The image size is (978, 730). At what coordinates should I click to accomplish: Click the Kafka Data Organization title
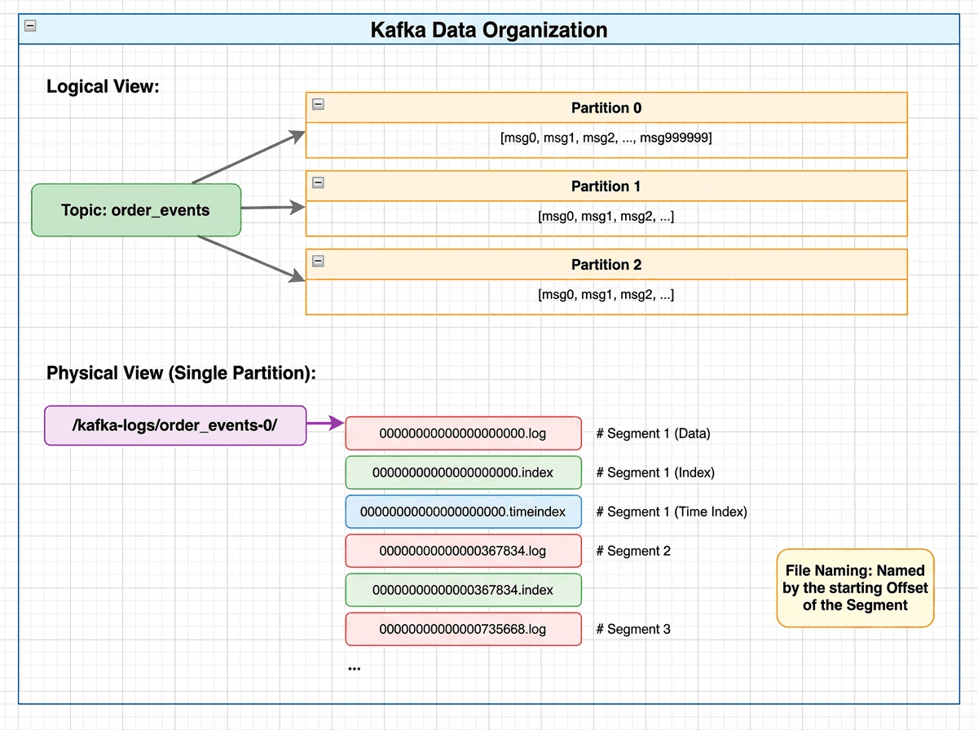(489, 30)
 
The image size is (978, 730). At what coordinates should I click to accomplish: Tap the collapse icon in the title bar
(30, 25)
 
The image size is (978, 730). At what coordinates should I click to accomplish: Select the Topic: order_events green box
(136, 210)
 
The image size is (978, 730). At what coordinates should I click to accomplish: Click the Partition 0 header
(606, 108)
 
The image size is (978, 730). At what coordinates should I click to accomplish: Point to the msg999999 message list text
(606, 139)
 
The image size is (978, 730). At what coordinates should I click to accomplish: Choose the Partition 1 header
(606, 186)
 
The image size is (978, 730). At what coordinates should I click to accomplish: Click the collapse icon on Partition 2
(319, 261)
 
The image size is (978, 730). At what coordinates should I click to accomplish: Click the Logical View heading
(102, 86)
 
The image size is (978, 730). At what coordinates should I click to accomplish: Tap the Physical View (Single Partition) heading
(181, 373)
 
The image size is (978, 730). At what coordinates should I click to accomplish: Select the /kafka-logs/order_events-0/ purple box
(175, 425)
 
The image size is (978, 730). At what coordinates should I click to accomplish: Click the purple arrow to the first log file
(325, 424)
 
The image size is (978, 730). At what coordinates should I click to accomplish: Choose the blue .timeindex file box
(463, 512)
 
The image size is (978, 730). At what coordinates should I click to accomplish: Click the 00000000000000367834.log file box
(463, 551)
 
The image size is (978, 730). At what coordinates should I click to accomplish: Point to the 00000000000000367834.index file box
(463, 590)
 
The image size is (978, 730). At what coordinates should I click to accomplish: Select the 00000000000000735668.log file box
(463, 629)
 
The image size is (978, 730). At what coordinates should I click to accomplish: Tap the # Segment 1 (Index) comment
(655, 473)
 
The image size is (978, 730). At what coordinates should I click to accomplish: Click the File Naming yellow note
(855, 587)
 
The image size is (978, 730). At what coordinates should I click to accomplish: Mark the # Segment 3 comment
(633, 629)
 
